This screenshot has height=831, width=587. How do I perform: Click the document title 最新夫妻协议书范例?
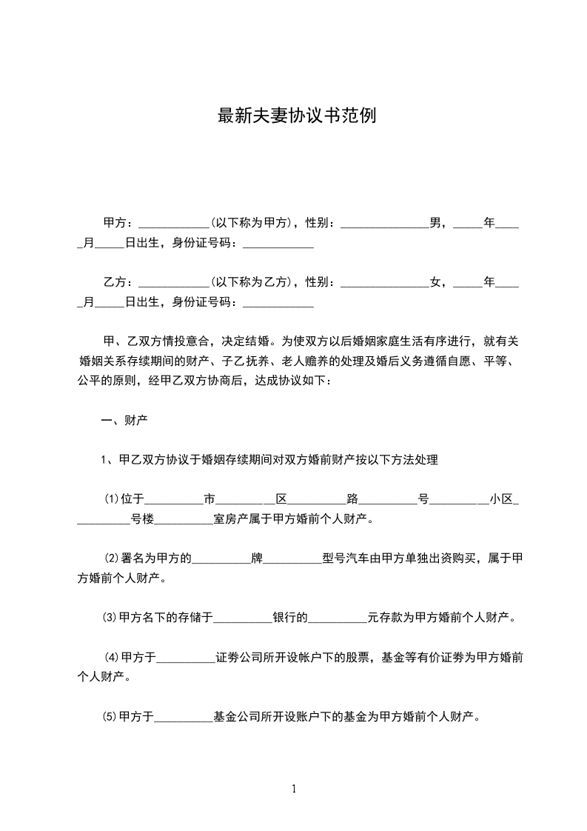tap(296, 116)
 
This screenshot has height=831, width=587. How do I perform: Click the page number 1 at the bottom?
tap(294, 789)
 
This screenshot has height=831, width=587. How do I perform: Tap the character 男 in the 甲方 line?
tap(436, 222)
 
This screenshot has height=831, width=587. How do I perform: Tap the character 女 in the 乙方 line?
tap(436, 282)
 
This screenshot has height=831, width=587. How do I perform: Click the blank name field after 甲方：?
tap(174, 224)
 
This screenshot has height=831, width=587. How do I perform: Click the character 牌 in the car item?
tap(258, 558)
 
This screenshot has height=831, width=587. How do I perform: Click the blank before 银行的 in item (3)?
tap(242, 618)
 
